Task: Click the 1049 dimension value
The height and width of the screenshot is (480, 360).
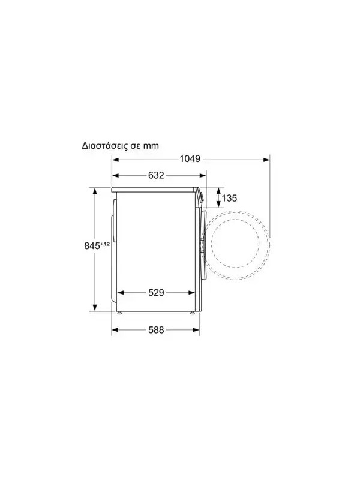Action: click(x=190, y=159)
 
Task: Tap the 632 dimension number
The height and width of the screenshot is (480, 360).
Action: click(x=156, y=175)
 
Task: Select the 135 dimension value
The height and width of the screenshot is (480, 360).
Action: click(x=230, y=198)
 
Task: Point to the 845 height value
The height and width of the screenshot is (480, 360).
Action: click(x=92, y=246)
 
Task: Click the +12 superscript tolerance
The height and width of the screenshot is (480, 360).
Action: click(x=104, y=244)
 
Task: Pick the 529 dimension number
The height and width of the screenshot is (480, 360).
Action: click(x=156, y=293)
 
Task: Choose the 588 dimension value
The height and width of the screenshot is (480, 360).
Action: click(x=156, y=330)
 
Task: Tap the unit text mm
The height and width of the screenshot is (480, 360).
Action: click(x=152, y=146)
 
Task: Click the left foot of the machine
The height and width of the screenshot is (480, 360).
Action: click(x=119, y=313)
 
